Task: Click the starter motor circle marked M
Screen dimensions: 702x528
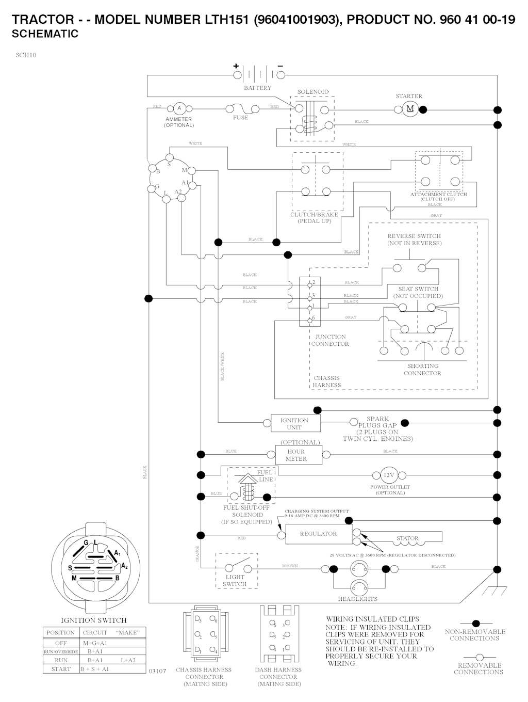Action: point(410,108)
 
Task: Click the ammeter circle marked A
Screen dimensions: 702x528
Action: point(179,108)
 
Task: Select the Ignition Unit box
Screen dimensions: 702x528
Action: point(294,424)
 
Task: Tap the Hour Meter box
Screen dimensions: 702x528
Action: point(296,455)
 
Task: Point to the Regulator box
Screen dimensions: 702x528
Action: point(318,534)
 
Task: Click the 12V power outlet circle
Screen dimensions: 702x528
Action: point(388,475)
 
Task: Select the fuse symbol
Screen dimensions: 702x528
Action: point(241,108)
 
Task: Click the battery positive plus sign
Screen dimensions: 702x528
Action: point(236,66)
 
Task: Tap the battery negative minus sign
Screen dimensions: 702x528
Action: point(280,66)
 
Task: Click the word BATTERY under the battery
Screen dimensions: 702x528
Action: point(257,88)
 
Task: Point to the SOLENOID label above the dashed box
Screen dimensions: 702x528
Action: point(312,92)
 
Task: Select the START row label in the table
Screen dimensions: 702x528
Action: point(61,669)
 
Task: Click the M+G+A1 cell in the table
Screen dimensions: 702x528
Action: point(95,643)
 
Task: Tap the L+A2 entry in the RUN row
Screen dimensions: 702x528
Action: point(128,660)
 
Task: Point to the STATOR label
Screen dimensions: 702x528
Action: point(407,538)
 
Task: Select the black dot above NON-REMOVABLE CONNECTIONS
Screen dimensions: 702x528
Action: point(476,624)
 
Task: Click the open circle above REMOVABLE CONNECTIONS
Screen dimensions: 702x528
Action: point(478,657)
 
